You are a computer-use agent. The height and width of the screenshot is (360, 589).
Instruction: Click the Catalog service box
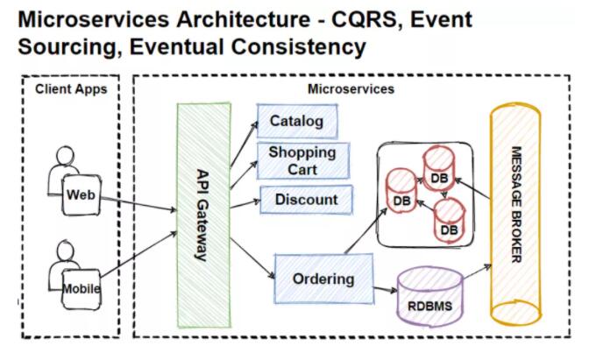297,121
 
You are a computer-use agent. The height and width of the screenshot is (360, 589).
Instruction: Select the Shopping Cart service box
303,160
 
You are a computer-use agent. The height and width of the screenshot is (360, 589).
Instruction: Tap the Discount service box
306,200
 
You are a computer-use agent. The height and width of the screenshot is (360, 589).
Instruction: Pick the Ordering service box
323,279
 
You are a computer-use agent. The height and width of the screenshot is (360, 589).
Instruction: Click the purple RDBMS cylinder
430,296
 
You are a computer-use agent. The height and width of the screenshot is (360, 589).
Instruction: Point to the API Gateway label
202,215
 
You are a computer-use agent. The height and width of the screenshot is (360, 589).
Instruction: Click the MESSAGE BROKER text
516,205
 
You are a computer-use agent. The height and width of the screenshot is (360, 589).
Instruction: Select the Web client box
82,194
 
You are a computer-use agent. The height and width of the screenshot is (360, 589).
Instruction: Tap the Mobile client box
82,289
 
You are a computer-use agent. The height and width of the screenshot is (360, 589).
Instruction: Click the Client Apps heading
71,89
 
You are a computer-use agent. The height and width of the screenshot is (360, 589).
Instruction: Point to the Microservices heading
351,89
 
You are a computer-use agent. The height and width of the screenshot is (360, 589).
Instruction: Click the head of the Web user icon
66,155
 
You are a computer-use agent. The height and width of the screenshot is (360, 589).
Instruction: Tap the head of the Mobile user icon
66,250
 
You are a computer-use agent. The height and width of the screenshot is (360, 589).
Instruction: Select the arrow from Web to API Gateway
139,203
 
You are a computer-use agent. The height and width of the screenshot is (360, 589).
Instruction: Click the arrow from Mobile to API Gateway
138,255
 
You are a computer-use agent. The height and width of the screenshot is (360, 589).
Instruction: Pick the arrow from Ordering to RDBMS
386,289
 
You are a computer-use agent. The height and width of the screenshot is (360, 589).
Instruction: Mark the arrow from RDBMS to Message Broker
478,272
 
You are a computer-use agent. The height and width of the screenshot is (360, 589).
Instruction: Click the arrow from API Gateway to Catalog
245,144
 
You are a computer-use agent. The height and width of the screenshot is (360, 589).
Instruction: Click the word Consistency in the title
299,47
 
